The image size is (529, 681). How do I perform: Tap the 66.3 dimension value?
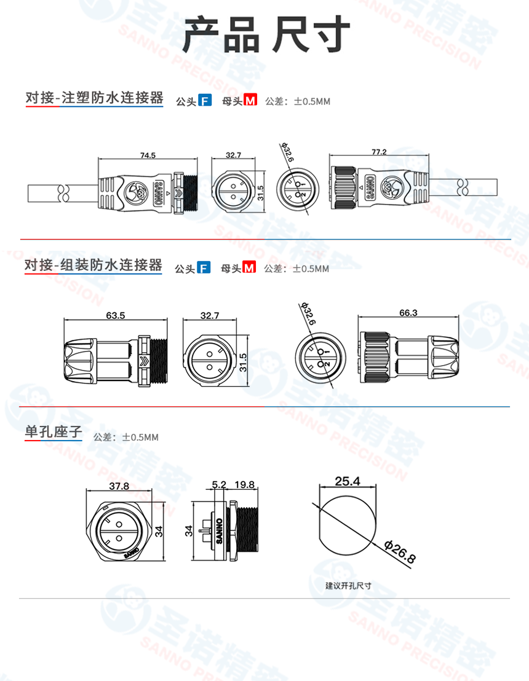(x=408, y=313)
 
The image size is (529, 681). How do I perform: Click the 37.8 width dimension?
(x=119, y=486)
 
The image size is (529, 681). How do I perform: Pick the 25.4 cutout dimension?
(x=348, y=481)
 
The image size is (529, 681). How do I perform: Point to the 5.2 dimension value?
(x=218, y=485)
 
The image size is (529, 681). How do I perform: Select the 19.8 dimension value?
(x=244, y=485)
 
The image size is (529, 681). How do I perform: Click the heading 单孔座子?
(x=53, y=432)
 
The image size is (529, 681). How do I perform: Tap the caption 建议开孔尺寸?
(x=348, y=586)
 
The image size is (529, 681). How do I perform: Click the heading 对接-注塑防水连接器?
(x=94, y=98)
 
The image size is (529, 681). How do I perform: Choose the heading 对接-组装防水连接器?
(x=93, y=266)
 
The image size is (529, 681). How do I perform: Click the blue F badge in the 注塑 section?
(x=205, y=101)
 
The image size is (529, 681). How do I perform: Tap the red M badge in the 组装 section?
(x=249, y=268)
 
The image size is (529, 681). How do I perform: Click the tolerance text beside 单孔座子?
(x=126, y=438)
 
